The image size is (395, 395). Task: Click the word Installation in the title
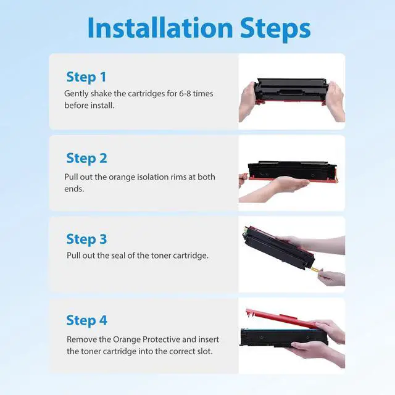160,28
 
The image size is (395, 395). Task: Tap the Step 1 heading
86,77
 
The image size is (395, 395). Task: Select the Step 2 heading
86,158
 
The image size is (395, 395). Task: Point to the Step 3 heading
86,239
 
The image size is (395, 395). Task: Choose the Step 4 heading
86,320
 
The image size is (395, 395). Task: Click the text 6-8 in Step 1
185,93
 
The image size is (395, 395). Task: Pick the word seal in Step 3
118,256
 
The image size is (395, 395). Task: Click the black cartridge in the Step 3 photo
278,247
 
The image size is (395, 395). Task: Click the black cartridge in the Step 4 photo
284,338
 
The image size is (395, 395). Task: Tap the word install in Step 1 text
102,106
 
